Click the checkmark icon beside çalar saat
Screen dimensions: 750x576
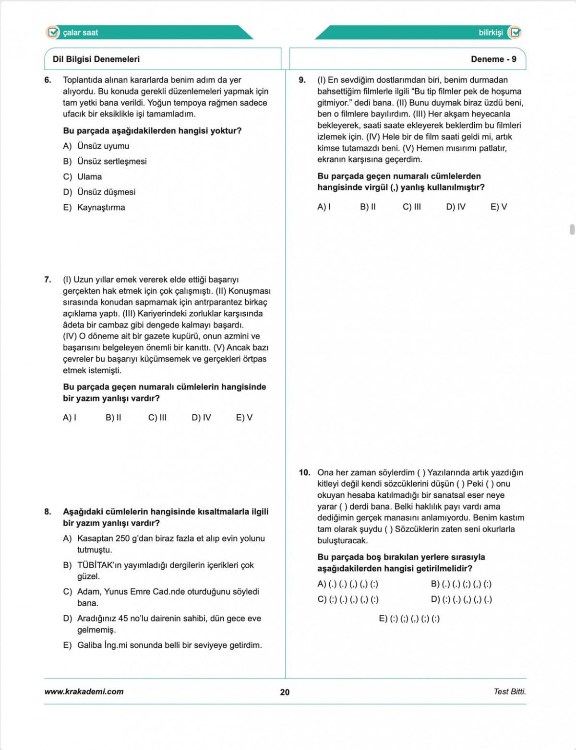53,32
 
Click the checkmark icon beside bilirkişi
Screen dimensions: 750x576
515,32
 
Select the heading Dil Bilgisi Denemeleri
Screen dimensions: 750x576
96,59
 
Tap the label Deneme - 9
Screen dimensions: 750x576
493,59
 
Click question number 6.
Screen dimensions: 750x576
48,80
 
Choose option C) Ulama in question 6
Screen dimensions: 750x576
83,176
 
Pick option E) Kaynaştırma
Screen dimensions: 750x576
94,207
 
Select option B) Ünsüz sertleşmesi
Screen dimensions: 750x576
105,161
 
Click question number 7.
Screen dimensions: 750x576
48,280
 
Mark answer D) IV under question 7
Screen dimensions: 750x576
201,417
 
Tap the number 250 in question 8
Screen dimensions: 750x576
123,538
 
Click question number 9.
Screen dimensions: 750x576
302,80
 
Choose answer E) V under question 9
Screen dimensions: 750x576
498,207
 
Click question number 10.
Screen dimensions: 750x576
304,472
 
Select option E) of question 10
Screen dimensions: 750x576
409,618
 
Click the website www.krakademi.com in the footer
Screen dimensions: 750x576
84,691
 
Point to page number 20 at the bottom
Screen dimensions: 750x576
285,692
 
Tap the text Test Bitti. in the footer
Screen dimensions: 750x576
509,691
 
